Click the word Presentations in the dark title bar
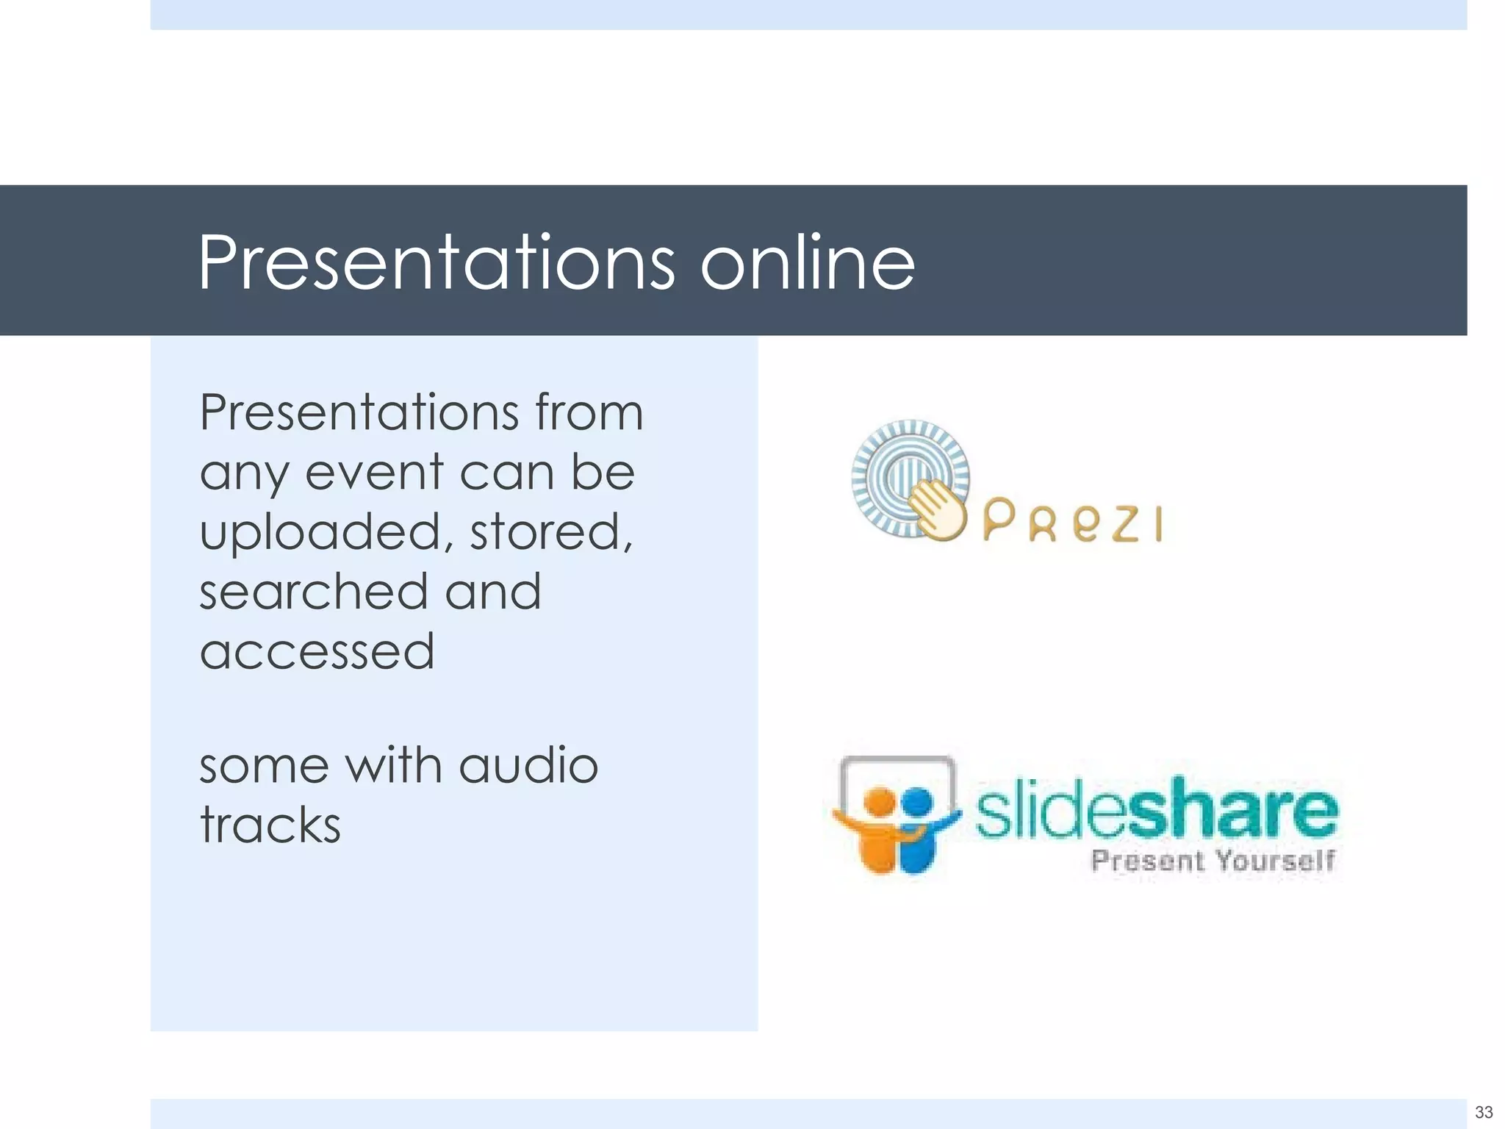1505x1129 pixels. click(436, 262)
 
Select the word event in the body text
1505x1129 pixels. click(374, 472)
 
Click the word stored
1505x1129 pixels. click(550, 531)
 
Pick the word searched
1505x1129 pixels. click(313, 592)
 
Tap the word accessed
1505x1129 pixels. click(317, 652)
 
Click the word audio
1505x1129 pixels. click(528, 765)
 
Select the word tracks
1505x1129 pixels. click(270, 825)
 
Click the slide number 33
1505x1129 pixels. click(1484, 1111)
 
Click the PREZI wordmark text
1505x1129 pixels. click(1072, 521)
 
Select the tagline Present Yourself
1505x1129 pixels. click(1213, 860)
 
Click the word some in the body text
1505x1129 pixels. click(264, 765)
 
